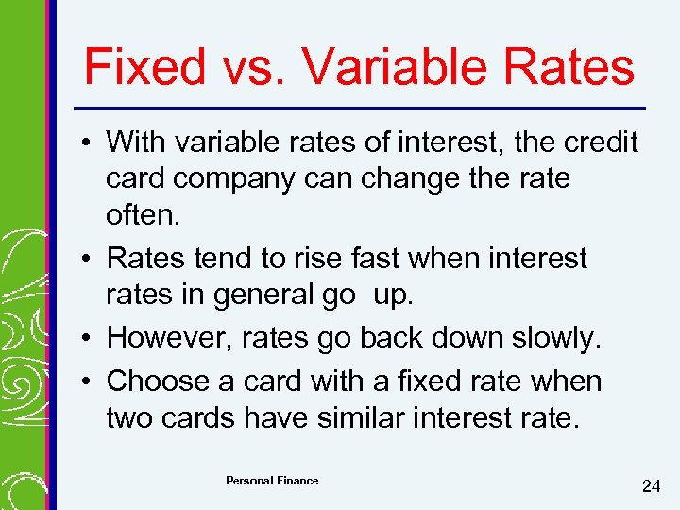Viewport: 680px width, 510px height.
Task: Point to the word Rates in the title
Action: pos(579,68)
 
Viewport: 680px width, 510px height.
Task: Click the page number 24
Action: pos(651,486)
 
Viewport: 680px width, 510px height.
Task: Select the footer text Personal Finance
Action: pos(272,481)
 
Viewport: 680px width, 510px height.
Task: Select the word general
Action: pos(280,295)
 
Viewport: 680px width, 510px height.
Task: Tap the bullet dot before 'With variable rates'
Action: pos(86,144)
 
